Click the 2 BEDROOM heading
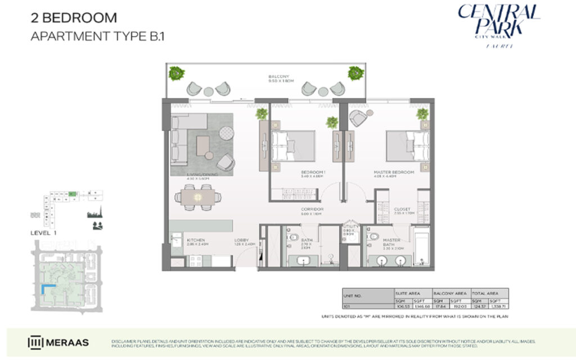pos(73,19)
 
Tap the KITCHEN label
pos(195,240)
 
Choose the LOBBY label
pos(241,240)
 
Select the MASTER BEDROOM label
pos(394,172)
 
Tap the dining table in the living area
pos(197,196)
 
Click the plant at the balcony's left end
pos(176,73)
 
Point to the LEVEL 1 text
pos(42,232)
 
